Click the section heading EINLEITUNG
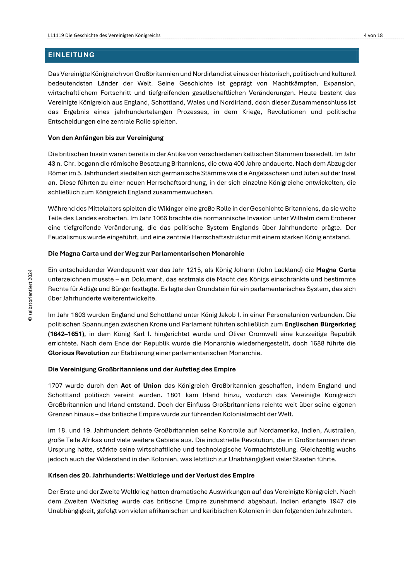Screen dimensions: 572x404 pos(71,55)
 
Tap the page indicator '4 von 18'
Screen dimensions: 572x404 pos(373,35)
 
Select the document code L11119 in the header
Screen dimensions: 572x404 pos(56,35)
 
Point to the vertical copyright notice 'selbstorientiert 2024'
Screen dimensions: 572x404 pos(30,295)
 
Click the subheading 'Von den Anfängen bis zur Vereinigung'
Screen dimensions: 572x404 pos(105,138)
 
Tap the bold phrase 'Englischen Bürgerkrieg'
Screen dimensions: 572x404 pos(320,324)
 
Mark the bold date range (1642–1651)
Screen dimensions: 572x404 pos(66,334)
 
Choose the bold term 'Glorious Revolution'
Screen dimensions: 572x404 pos(78,353)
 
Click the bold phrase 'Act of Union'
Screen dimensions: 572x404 pos(141,386)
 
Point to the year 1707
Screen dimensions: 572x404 pos(55,386)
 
